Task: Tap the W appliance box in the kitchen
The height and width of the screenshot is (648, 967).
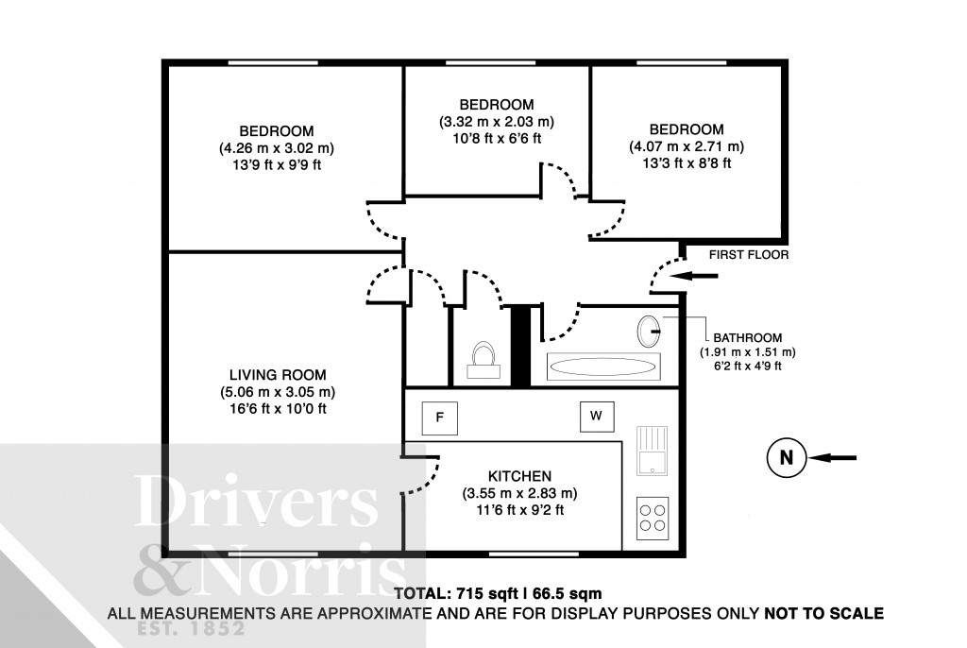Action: pyautogui.click(x=596, y=415)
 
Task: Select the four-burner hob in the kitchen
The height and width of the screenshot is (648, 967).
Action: pyautogui.click(x=652, y=517)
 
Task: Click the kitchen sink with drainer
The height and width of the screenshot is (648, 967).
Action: pyautogui.click(x=652, y=451)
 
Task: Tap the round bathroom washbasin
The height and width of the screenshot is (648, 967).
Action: pyautogui.click(x=649, y=330)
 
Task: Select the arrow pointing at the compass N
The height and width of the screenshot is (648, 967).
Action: pyautogui.click(x=834, y=458)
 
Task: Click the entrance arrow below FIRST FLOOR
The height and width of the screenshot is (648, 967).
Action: pyautogui.click(x=699, y=276)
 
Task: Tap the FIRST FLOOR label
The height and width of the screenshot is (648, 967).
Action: pyautogui.click(x=751, y=255)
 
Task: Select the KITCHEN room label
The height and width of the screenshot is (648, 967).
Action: pyautogui.click(x=519, y=476)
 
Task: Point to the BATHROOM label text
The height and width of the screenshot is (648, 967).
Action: pyautogui.click(x=748, y=337)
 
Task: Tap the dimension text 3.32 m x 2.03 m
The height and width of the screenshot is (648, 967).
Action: pyautogui.click(x=496, y=122)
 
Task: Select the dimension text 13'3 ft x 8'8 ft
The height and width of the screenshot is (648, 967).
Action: pyautogui.click(x=687, y=163)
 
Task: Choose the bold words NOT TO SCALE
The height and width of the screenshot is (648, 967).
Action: pyautogui.click(x=823, y=613)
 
